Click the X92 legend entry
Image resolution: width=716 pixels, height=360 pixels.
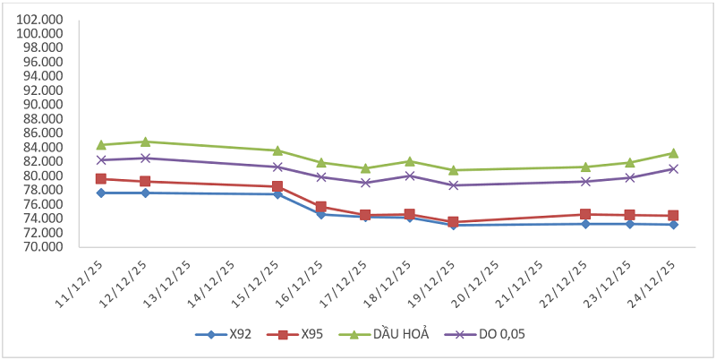pos(224,335)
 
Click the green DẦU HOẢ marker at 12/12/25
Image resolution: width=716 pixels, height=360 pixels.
pos(145,141)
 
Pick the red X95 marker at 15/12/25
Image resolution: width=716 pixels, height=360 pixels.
pos(277,186)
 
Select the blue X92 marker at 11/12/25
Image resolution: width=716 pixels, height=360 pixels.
pos(101,193)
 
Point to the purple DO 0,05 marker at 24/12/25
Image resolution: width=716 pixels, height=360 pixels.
pos(672,168)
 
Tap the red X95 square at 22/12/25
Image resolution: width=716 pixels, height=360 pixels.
pos(584,214)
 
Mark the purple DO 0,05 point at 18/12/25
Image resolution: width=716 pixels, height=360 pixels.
pos(409,176)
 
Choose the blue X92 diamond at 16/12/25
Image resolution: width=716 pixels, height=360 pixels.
pos(321,214)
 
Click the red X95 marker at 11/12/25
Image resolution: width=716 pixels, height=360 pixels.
pos(101,179)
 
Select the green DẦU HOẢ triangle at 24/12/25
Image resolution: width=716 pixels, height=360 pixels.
pos(672,153)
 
